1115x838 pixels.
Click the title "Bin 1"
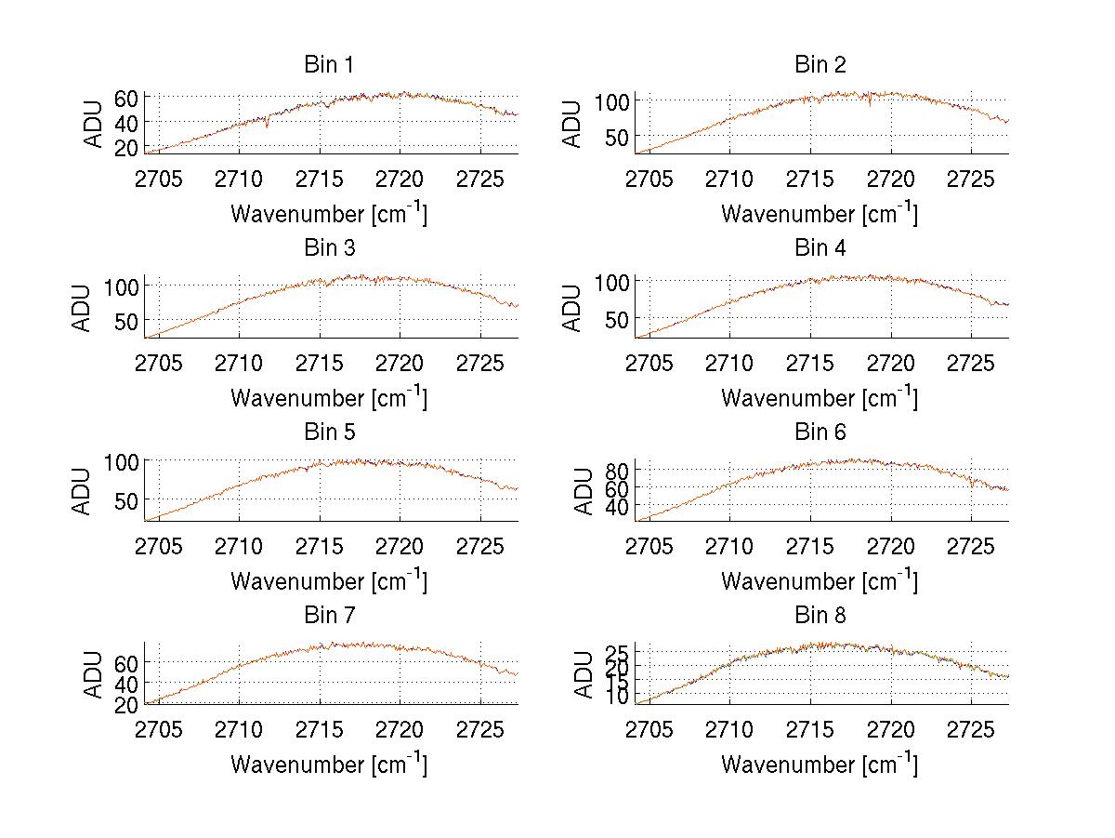click(328, 65)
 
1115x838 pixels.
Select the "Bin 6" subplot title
click(820, 432)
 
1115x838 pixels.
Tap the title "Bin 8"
click(820, 616)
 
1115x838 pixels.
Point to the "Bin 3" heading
click(328, 248)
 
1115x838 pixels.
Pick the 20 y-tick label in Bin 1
click(126, 148)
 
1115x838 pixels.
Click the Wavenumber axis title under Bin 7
click(328, 764)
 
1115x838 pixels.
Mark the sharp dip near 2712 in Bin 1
click(267, 125)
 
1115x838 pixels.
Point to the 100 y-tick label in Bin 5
click(121, 462)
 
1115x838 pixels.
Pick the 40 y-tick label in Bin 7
click(126, 684)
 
